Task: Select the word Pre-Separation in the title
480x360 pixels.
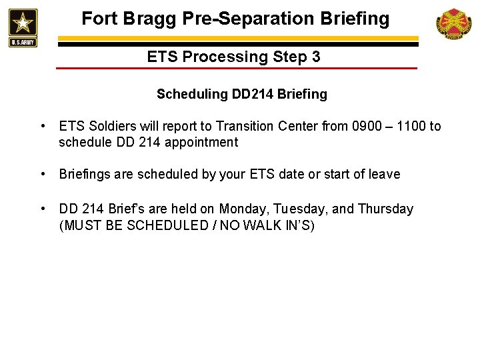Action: (x=246, y=19)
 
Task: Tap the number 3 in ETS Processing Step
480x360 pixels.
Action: (x=315, y=57)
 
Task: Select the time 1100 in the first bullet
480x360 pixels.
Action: (x=412, y=127)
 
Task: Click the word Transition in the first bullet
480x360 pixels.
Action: (x=257, y=127)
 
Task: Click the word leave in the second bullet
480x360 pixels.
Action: (x=385, y=175)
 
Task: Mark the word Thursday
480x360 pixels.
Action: (x=385, y=209)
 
